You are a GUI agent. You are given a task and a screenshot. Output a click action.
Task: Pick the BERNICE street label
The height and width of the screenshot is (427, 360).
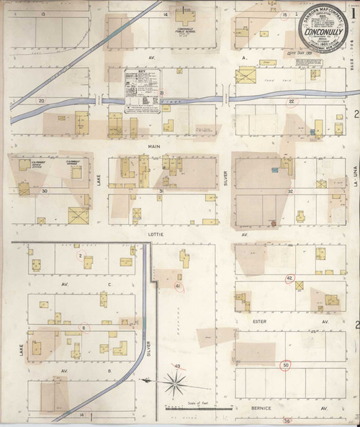pos(261,408)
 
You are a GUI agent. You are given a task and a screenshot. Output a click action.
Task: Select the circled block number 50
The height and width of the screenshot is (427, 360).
pos(286,365)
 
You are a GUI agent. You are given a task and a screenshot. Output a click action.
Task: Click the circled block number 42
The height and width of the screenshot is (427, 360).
pos(289,279)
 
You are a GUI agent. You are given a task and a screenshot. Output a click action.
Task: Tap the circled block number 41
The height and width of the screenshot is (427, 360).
pos(177,286)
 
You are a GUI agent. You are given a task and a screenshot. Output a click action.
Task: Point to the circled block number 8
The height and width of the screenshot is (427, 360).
pos(84,328)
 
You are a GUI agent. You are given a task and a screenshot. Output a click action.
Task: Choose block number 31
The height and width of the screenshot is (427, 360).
pos(162,191)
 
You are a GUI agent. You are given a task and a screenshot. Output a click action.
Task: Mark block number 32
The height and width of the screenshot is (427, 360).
pos(290,191)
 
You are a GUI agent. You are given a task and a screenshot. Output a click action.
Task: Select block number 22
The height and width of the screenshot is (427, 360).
pos(292,102)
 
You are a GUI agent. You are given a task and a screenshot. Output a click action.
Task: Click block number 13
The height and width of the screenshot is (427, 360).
pos(43,14)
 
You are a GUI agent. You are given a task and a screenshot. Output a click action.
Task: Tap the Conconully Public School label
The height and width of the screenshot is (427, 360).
pos(186,31)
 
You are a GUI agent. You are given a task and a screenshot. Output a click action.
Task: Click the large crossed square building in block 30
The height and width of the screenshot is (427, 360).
pos(77,215)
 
